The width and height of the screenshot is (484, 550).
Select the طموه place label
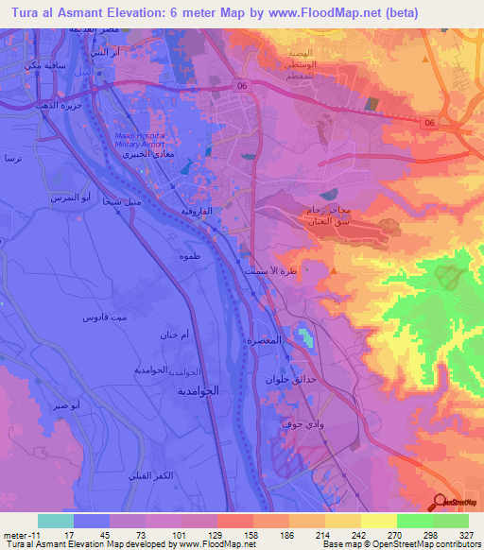point(188,256)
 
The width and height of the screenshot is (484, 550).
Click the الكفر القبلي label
point(151,473)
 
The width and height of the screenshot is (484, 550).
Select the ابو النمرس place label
point(74,198)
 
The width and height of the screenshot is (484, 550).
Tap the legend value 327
point(464,535)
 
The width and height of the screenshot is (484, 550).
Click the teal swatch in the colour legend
point(55,521)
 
